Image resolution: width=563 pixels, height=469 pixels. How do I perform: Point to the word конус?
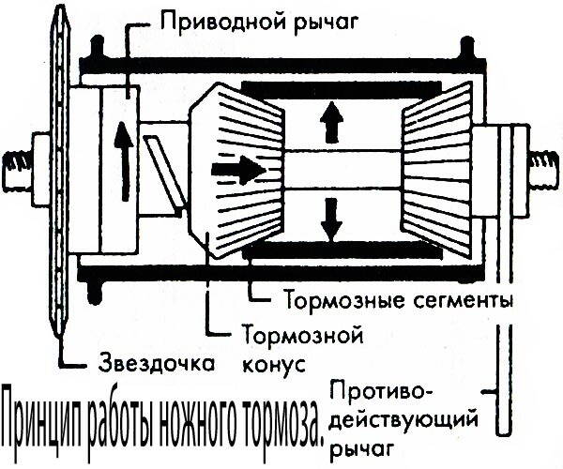(x=273, y=362)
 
